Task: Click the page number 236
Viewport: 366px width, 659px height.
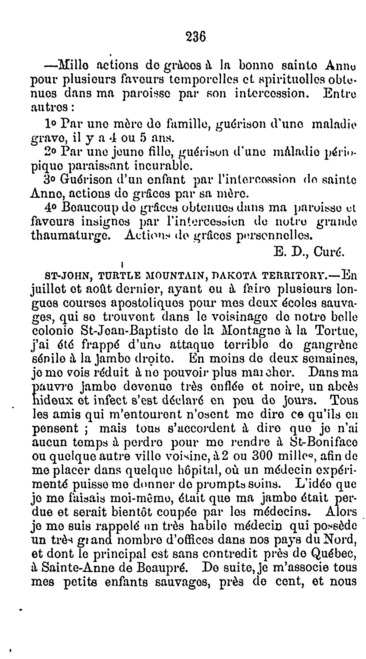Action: coord(196,37)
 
